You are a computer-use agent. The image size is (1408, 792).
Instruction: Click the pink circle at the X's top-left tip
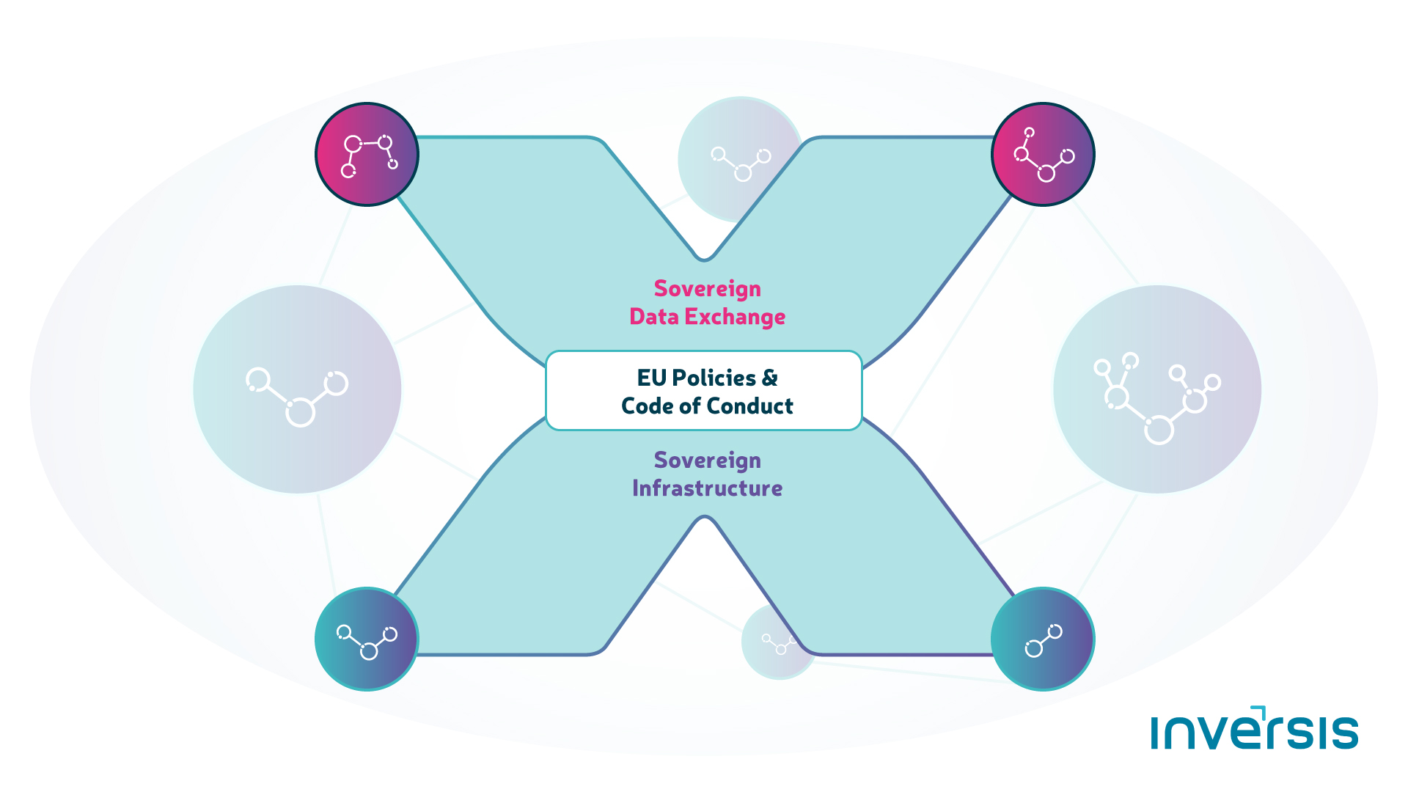tap(367, 154)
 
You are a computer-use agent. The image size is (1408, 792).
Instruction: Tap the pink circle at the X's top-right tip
tap(1043, 154)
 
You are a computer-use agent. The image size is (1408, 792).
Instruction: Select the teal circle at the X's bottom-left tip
tap(367, 639)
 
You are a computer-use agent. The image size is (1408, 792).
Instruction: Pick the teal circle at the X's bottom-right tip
tap(1043, 639)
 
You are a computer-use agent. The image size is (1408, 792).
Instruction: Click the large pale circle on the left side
tap(297, 389)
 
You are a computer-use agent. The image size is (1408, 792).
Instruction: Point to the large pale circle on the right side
tap(1157, 389)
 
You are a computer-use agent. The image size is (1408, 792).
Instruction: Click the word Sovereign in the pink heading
tap(708, 290)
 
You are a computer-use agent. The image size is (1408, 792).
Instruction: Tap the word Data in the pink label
tap(653, 317)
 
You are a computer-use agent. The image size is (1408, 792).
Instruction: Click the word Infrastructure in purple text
tap(708, 488)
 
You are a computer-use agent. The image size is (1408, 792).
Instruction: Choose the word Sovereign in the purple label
tap(708, 461)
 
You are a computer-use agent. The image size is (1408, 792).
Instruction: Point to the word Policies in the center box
tap(714, 378)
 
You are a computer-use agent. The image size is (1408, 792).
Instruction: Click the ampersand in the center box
tap(770, 378)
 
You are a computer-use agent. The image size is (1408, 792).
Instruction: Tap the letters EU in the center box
tap(651, 378)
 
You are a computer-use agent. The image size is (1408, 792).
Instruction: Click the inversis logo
tap(1255, 728)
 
